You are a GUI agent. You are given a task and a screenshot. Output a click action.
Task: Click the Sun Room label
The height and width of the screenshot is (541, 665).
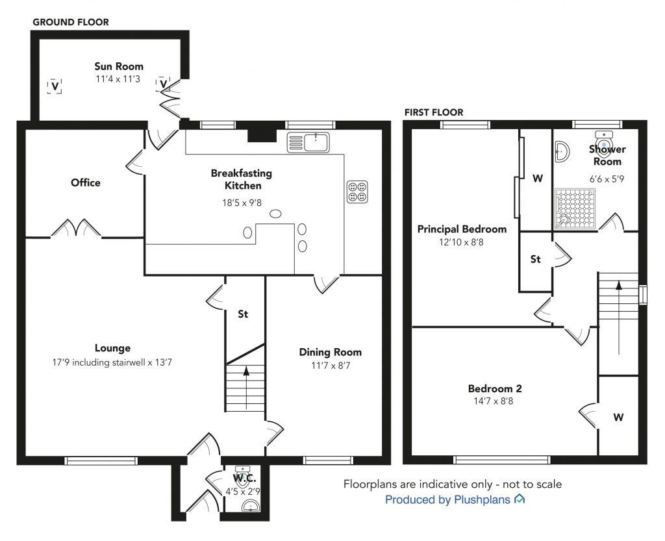119,66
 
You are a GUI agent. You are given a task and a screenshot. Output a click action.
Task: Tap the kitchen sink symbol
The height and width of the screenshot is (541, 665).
308,142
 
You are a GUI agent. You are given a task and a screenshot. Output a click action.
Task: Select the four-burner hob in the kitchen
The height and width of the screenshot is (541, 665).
357,192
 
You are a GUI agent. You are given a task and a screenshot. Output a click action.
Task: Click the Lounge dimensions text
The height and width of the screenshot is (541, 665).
112,362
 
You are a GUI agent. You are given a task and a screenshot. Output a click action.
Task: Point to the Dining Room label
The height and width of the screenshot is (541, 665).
331,352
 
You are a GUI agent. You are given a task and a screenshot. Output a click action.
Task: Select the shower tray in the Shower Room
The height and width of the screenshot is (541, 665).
575,209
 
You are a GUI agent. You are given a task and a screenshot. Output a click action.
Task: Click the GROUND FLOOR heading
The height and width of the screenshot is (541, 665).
71,23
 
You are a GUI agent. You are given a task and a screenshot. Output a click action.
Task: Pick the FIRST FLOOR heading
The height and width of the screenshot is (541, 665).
434,112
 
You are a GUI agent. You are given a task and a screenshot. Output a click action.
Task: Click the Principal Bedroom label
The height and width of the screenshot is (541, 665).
462,229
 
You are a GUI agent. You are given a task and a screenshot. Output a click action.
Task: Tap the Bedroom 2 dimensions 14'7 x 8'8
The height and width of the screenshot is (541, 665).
494,401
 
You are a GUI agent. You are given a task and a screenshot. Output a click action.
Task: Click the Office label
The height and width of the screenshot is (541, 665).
86,182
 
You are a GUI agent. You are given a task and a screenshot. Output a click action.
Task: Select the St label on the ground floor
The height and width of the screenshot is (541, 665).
243,314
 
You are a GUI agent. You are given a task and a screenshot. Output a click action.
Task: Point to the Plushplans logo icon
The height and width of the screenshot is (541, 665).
520,499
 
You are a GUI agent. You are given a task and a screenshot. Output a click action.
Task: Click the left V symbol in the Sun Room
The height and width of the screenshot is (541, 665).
55,86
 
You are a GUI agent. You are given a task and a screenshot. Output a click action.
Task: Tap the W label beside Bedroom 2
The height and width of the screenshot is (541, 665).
618,418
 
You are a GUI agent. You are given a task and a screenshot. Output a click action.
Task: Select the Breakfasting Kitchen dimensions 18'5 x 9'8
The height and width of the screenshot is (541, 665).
242,203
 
